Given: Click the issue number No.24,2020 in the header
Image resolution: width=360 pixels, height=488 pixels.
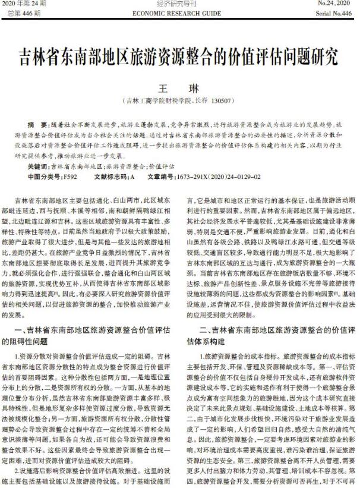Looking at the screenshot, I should coord(334,4).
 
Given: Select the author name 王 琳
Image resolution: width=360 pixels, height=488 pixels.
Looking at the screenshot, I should coord(179,88).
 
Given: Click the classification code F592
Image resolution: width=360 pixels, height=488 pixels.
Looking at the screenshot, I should coord(70,177).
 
